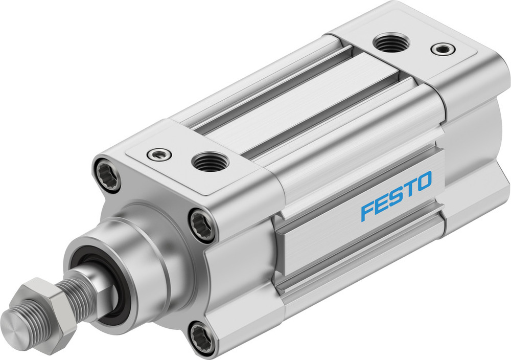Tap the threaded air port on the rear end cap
pos(391,43)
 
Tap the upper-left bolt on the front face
pos(108,175)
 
